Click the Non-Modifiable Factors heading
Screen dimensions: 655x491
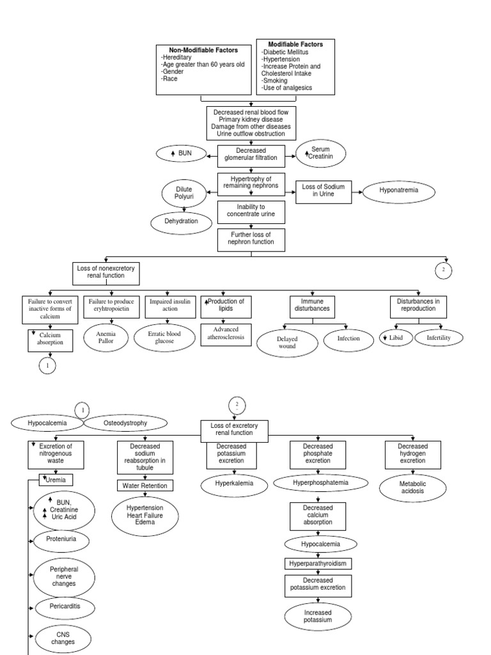click(x=203, y=50)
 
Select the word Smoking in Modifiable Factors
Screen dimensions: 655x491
click(x=275, y=81)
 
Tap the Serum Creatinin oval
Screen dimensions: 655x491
click(x=321, y=154)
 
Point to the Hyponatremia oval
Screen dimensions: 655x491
click(x=399, y=191)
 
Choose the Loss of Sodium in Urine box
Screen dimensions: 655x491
click(x=323, y=191)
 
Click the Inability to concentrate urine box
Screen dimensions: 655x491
click(x=251, y=210)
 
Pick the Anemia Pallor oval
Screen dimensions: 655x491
click(x=105, y=337)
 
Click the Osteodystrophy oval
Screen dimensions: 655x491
click(x=125, y=423)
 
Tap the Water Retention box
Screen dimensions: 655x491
click(x=144, y=485)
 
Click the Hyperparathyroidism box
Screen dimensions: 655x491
click(x=318, y=564)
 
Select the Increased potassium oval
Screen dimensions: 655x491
click(x=318, y=616)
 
